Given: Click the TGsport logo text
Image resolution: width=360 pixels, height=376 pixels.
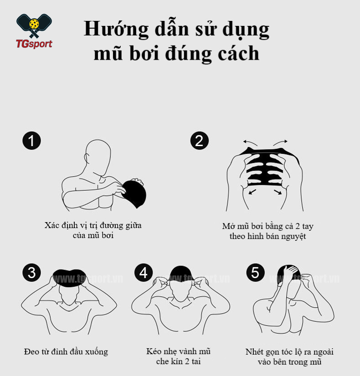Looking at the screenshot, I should [34, 44].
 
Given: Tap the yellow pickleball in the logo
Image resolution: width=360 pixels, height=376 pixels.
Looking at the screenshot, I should [34, 23].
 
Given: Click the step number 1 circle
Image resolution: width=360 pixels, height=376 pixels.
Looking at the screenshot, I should [31, 141].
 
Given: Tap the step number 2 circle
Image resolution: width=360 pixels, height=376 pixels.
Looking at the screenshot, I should [199, 141].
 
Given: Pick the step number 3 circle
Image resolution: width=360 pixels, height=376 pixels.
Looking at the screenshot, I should [31, 273].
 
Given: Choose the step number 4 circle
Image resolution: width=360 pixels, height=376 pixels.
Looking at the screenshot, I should [144, 273].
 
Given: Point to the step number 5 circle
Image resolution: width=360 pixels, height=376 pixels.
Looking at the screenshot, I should [255, 273].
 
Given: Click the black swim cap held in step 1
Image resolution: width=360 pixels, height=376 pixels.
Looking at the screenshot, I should [134, 193].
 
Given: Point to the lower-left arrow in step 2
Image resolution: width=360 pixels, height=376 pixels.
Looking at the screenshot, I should [252, 192].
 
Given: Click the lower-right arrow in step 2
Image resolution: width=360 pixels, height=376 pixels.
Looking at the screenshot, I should [278, 192].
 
